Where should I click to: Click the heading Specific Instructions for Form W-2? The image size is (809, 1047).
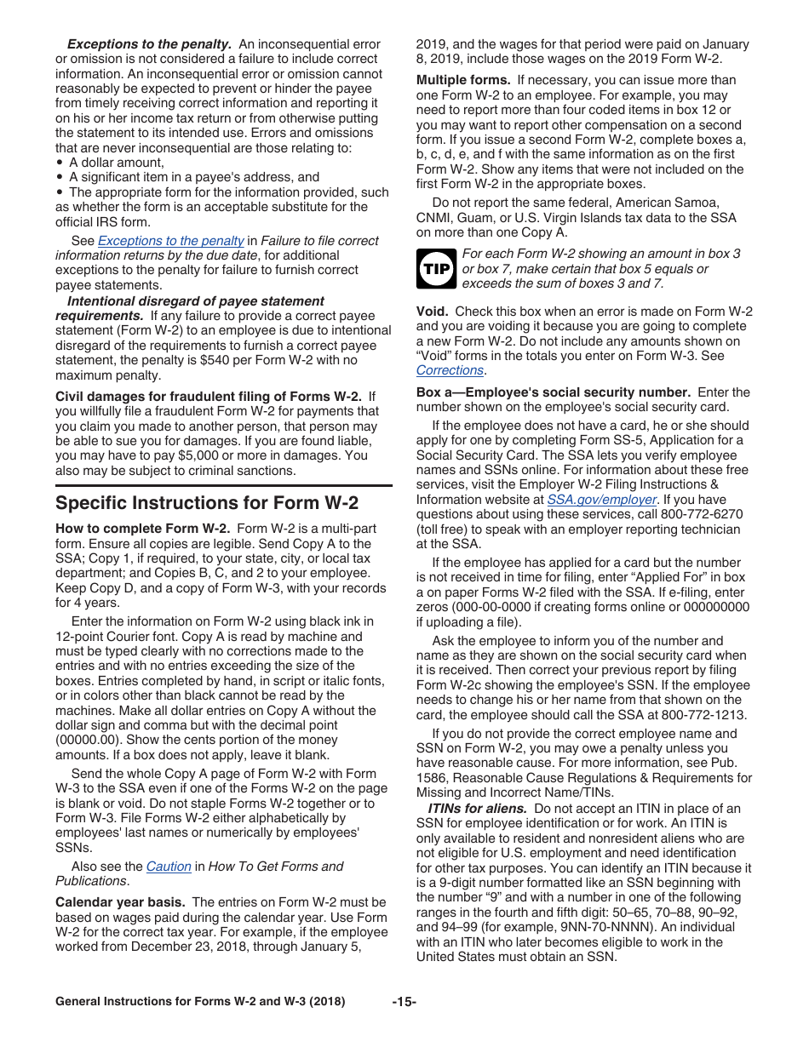tap(207, 502)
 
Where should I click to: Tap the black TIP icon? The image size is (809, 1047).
tap(435, 269)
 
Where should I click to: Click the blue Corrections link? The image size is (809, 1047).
tap(450, 370)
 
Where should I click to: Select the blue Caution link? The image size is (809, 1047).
tap(169, 866)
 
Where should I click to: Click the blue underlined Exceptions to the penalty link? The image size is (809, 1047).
tap(171, 241)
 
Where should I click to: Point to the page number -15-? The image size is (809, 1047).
tap(404, 1002)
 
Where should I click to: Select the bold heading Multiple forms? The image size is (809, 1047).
tap(457, 81)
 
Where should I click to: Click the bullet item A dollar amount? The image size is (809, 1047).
tap(116, 163)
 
